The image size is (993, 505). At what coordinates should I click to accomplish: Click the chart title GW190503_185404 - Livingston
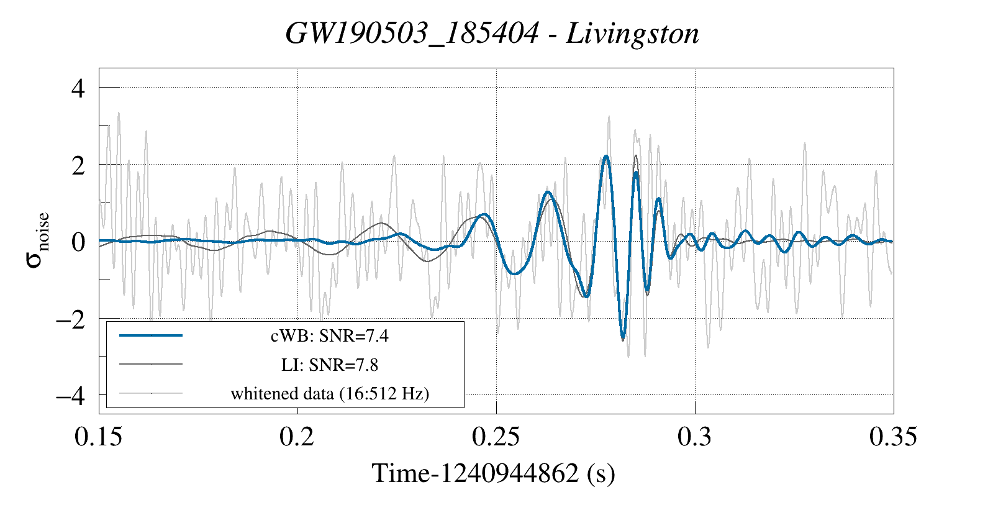click(492, 34)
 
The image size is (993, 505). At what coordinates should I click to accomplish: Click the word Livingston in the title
click(632, 34)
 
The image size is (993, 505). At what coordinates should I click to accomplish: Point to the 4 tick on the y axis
click(78, 88)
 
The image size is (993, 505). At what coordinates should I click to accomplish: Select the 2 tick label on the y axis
click(78, 165)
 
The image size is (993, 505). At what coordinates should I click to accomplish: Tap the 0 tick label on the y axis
click(78, 242)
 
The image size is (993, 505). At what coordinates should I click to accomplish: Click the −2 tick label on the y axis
click(70, 319)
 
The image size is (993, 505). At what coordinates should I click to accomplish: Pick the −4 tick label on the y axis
click(70, 396)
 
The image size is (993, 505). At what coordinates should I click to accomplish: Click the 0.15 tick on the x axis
click(99, 437)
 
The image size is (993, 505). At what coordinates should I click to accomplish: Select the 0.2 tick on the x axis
click(297, 437)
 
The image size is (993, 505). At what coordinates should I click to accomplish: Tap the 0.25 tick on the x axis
click(496, 437)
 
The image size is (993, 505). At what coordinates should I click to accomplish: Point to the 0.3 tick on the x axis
click(695, 437)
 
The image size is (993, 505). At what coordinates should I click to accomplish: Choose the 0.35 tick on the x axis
click(893, 437)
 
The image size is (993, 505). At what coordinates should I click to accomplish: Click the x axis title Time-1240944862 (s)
click(494, 473)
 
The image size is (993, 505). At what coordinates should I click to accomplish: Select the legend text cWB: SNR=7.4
click(330, 336)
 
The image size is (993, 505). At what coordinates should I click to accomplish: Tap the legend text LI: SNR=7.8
click(330, 365)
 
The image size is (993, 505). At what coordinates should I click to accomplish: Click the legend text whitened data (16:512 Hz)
click(330, 393)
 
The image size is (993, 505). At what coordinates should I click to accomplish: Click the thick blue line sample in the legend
click(151, 335)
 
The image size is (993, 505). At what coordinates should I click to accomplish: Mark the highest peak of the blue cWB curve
click(606, 157)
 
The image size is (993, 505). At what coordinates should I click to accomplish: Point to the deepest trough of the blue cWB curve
click(623, 339)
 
